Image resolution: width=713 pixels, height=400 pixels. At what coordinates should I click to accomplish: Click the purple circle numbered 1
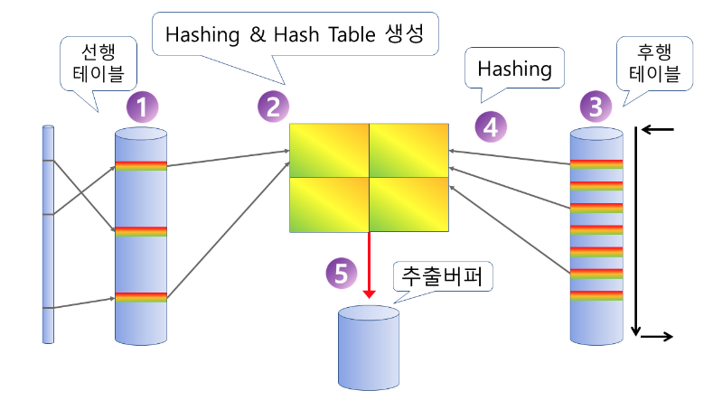pos(143,109)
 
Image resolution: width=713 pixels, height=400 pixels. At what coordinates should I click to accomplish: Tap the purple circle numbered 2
pos(272,107)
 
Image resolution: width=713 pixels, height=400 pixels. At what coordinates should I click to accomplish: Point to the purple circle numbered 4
pos(490,126)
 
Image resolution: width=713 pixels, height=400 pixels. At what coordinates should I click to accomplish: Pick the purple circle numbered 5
pos(339,274)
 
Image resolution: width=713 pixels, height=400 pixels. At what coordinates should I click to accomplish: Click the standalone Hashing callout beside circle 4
pos(514,68)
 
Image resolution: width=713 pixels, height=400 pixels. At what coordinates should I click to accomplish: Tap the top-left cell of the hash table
pos(329,149)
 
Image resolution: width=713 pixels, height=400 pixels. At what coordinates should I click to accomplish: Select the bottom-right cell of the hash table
pos(409,203)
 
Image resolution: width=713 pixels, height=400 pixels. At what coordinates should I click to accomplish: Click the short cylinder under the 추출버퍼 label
pos(368,347)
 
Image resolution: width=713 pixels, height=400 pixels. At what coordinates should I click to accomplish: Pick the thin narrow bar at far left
pos(49,235)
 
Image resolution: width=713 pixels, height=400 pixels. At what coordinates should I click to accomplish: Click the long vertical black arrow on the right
pos(637,231)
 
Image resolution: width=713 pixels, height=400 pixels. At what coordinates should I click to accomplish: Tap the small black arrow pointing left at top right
pos(658,130)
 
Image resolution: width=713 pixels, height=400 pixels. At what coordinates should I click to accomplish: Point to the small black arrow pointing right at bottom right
pos(656,338)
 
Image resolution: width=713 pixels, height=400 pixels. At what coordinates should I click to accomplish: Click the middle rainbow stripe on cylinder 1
pos(141,231)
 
